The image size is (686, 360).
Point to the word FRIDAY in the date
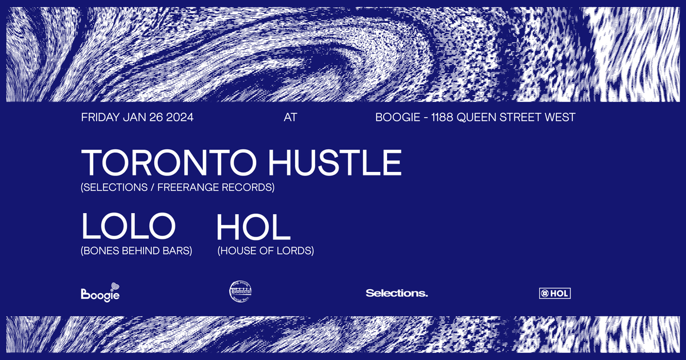(101, 118)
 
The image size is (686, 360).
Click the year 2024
(180, 118)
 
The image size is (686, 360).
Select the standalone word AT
(290, 118)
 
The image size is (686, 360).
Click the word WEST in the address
(560, 118)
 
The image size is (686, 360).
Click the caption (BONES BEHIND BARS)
(137, 250)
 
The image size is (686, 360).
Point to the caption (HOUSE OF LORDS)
(266, 250)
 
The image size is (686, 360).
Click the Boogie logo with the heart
(101, 293)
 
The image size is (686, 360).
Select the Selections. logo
(397, 293)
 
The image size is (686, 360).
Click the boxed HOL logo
(555, 294)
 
